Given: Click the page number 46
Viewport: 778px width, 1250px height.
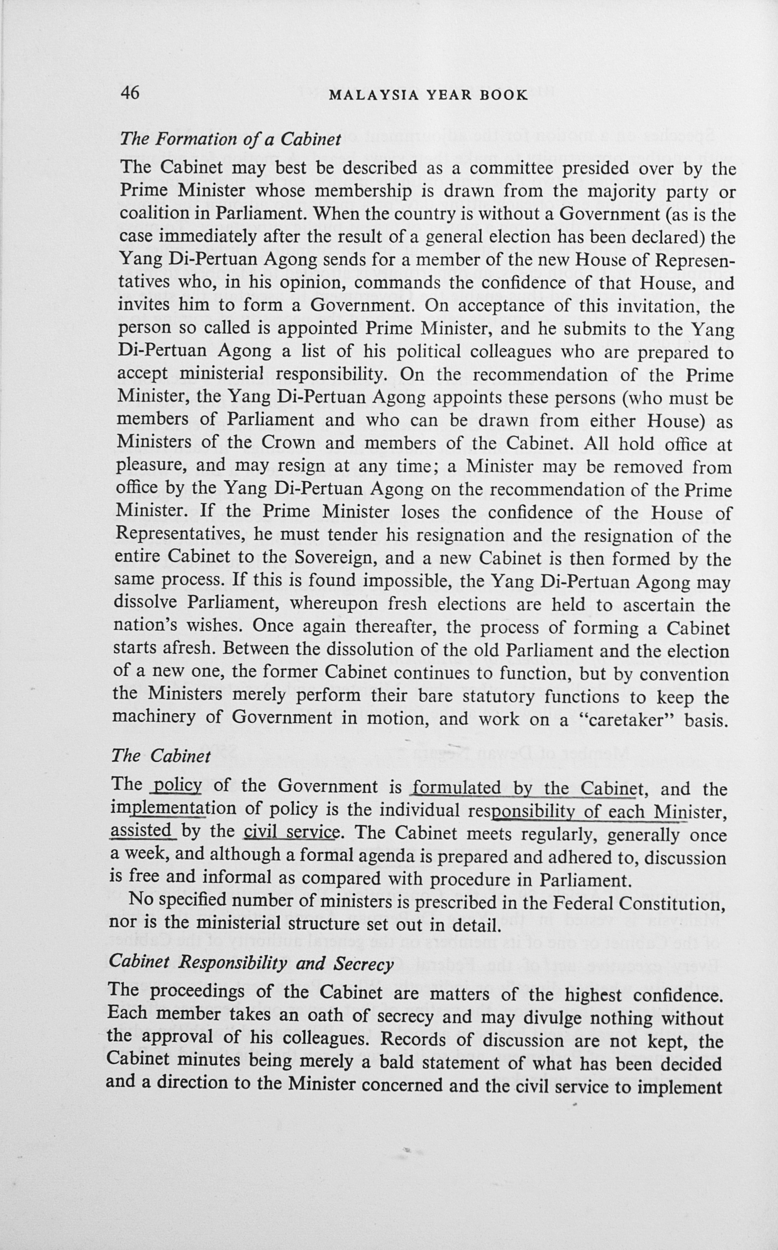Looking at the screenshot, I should (129, 93).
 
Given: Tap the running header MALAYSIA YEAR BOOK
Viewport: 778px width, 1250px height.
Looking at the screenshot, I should (428, 95).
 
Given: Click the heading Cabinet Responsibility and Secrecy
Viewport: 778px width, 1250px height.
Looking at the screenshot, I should (251, 963).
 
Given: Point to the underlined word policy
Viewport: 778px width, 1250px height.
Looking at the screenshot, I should (177, 786).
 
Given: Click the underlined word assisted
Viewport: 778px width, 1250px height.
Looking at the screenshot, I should (141, 830).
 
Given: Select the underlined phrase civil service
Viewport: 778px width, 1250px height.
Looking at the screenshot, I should (291, 831).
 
